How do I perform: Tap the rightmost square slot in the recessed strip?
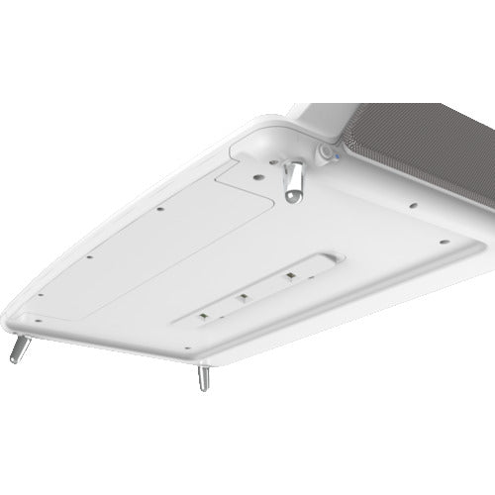pyautogui.click(x=290, y=274)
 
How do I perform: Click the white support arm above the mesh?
pyautogui.click(x=327, y=114)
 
